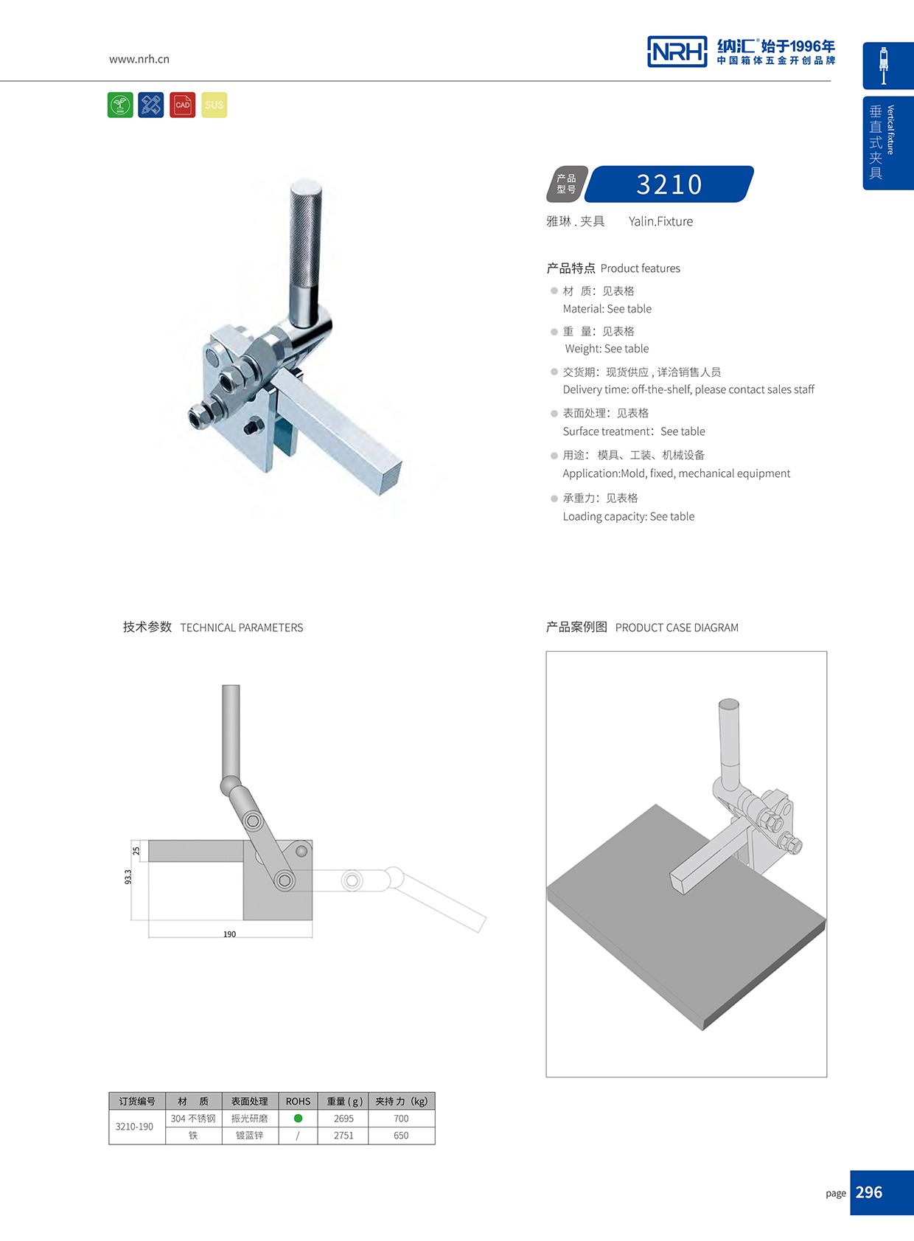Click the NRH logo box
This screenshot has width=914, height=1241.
(677, 52)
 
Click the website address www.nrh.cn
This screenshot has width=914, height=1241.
(139, 59)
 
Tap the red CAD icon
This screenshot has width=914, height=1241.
(182, 105)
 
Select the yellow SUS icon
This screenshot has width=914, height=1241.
(214, 105)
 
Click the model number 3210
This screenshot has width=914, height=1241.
(669, 184)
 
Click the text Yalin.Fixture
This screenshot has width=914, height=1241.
(660, 221)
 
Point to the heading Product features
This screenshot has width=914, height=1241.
(640, 268)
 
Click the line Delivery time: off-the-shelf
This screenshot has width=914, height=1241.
(688, 389)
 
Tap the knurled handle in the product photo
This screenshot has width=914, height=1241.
(305, 236)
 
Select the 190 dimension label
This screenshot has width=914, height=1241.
(229, 934)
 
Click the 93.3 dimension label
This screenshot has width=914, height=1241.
(128, 877)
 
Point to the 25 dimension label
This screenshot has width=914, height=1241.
(136, 850)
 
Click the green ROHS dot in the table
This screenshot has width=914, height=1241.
(298, 1118)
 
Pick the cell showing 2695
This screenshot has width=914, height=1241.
(343, 1119)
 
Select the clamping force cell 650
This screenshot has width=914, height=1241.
(401, 1136)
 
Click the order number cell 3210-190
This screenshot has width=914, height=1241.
(135, 1127)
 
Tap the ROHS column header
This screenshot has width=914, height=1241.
(298, 1101)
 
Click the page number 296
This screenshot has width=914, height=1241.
(869, 1192)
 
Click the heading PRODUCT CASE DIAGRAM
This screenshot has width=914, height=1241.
(676, 628)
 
